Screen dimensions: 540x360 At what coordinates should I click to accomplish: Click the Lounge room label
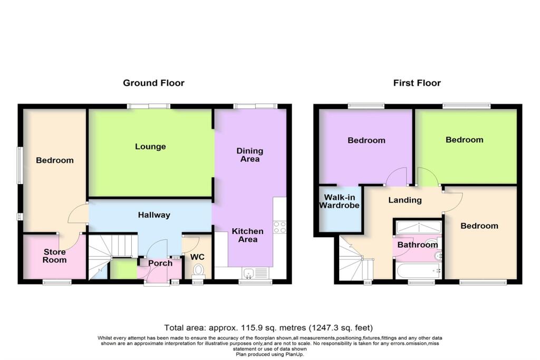tap(150, 147)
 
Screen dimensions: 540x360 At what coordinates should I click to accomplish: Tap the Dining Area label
tap(249, 155)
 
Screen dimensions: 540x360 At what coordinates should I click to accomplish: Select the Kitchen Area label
tap(248, 235)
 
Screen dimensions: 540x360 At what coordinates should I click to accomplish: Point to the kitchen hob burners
tap(279, 228)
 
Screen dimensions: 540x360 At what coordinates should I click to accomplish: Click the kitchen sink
tap(248, 273)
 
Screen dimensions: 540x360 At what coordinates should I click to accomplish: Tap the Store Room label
tap(54, 256)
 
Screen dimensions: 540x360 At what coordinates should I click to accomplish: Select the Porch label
tap(160, 264)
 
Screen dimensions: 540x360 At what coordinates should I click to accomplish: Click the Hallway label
tap(154, 215)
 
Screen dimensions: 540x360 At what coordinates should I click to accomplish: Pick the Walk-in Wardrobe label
tap(339, 201)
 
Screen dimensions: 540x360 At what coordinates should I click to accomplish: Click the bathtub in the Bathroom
tap(418, 271)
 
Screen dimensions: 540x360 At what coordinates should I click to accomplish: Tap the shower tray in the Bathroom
tap(418, 228)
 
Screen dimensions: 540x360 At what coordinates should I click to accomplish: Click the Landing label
tap(405, 200)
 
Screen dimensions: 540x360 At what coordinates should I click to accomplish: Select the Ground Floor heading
tap(153, 83)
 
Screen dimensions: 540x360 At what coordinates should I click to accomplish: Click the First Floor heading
tap(417, 83)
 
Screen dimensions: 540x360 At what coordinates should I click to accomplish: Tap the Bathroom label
tap(418, 245)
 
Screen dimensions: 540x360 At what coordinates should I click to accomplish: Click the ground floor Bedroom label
tap(55, 160)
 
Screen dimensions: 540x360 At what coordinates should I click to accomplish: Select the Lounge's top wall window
tap(148, 106)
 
